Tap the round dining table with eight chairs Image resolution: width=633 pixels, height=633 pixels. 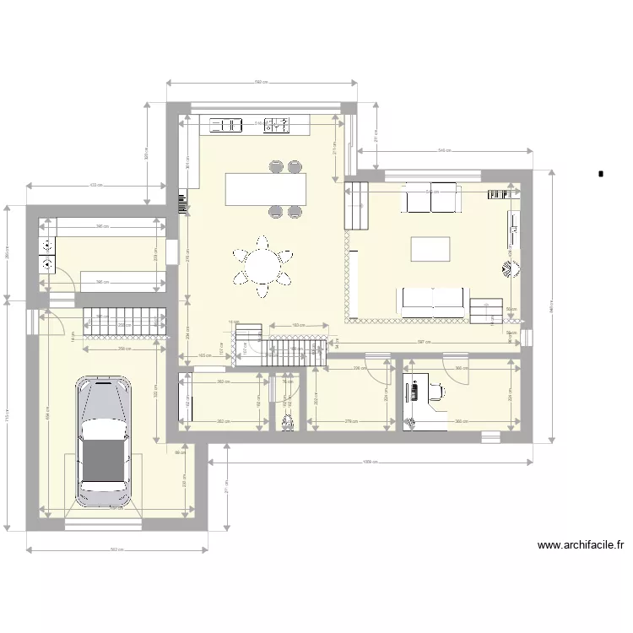coord(262,267)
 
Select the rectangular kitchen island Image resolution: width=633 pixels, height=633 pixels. coord(265,187)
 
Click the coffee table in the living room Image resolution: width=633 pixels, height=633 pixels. coord(430,249)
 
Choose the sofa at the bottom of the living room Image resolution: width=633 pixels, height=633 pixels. coord(431,301)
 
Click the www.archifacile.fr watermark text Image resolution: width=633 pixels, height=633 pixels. coord(580,545)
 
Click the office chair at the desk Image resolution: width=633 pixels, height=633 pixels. coord(436,390)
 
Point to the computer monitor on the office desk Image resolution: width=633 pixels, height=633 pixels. coord(414,392)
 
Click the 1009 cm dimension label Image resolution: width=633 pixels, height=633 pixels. coord(369,463)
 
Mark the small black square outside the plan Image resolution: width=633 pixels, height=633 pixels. coord(600,174)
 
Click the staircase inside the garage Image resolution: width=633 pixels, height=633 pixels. coord(122,320)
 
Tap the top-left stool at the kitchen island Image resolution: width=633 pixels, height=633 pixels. coord(275,166)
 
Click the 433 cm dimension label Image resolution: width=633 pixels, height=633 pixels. coord(95,185)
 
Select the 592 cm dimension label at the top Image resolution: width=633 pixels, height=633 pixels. coord(262,82)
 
